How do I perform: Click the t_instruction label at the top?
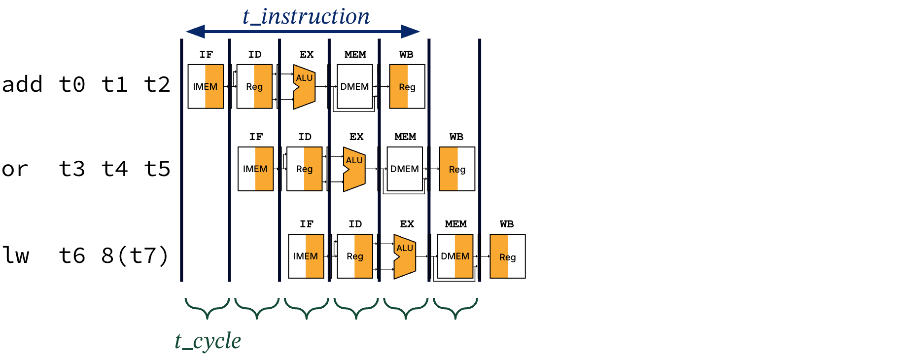[x=306, y=16]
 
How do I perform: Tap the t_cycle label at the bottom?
[x=208, y=341]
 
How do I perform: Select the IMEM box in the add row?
[x=206, y=86]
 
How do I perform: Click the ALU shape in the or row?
[x=354, y=169]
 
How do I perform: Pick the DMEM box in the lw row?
[x=455, y=256]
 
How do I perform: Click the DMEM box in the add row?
[x=354, y=86]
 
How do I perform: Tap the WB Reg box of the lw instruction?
[x=507, y=256]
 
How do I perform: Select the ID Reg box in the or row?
[x=304, y=169]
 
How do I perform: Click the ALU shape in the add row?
[x=304, y=87]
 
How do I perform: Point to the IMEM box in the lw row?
[x=306, y=256]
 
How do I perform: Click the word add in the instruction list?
[x=22, y=84]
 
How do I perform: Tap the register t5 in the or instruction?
[x=157, y=169]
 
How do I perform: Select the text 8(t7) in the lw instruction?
[x=135, y=255]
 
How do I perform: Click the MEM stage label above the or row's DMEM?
[x=405, y=137]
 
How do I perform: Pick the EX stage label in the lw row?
[x=407, y=224]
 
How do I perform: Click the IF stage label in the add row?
[x=206, y=54]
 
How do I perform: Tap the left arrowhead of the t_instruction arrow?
[x=196, y=32]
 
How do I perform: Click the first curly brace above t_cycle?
[x=207, y=308]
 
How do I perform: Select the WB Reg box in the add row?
[x=407, y=87]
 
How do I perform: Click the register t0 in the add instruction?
[x=72, y=84]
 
